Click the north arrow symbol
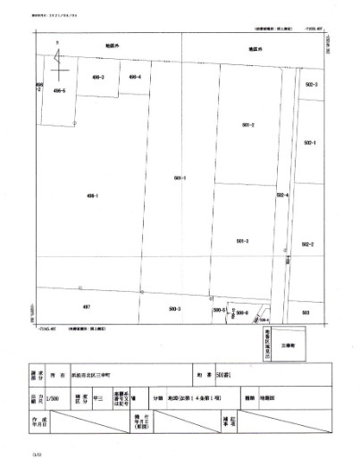pos(58,60)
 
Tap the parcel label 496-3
pos(98,78)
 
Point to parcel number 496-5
pos(60,90)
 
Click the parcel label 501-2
pos(248,125)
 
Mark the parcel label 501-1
pos(179,178)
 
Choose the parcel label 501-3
pos(242,241)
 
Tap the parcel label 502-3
pos(311,84)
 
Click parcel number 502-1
pos(310,142)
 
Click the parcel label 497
pos(87,306)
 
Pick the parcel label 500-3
pos(174,308)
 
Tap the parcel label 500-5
pos(217,309)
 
